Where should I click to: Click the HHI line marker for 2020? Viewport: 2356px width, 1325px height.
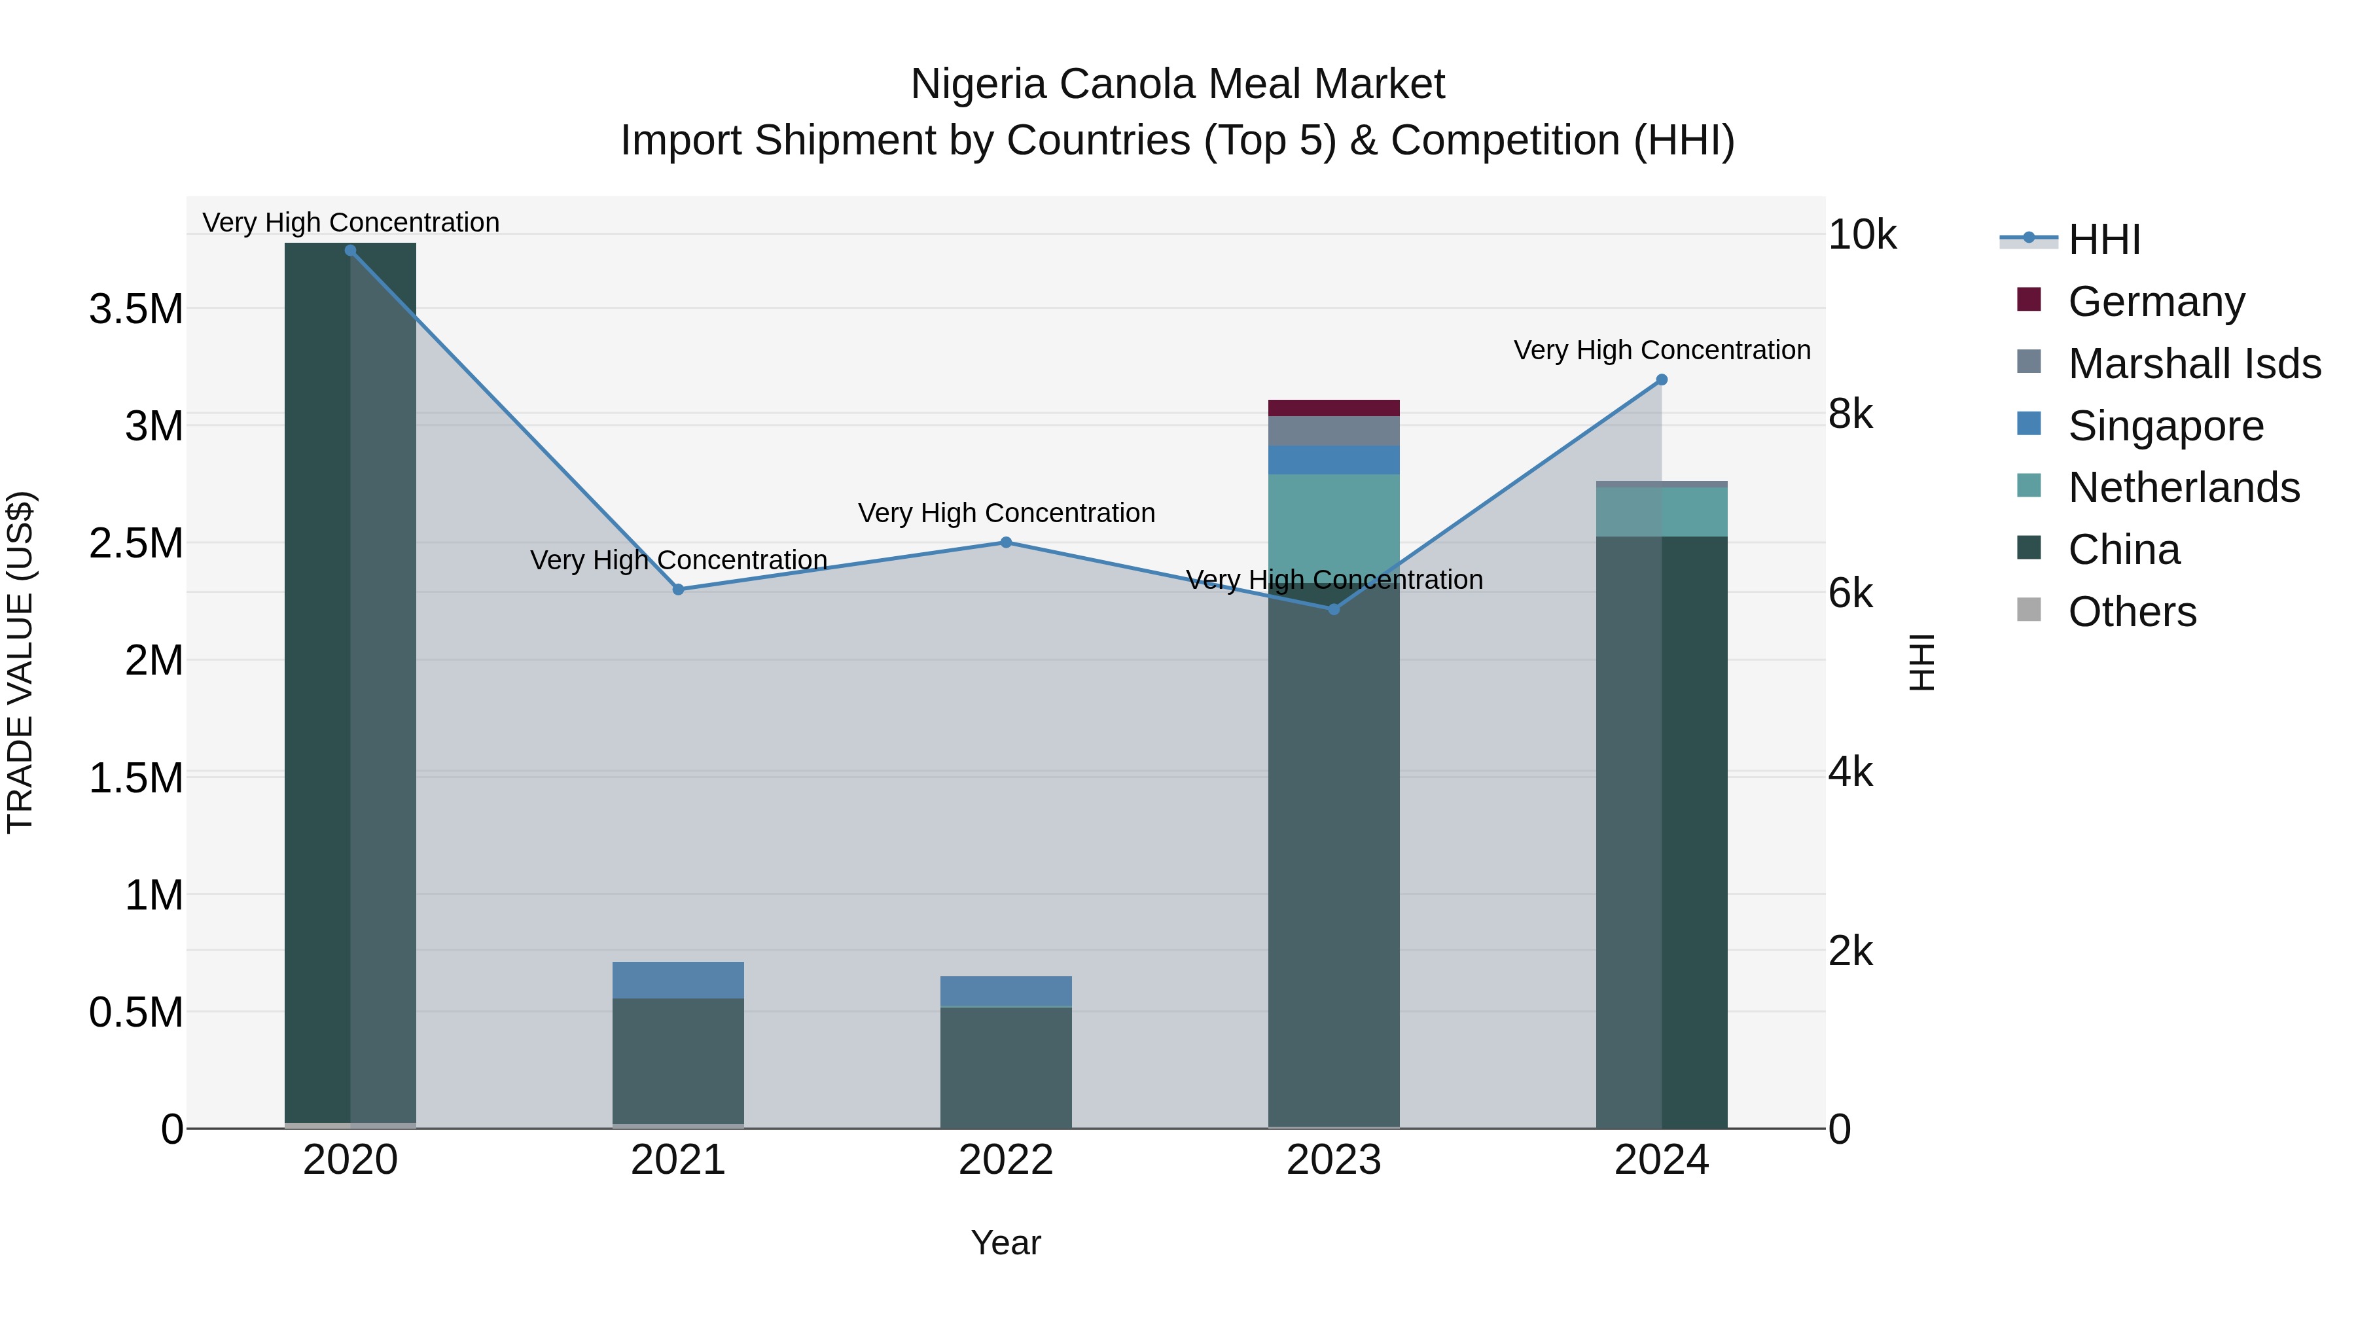[x=350, y=251]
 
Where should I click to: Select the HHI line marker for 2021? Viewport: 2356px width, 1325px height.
[x=678, y=590]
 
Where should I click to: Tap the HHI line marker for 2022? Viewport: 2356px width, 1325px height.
[x=1006, y=542]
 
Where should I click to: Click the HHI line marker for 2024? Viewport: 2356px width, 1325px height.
[x=1662, y=380]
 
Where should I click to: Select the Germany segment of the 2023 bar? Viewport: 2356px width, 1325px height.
[x=1334, y=408]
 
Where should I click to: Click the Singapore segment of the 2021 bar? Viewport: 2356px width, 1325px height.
[x=678, y=980]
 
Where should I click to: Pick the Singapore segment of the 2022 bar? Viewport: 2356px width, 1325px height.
[x=1006, y=991]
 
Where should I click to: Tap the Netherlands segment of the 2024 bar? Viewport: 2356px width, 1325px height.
[x=1662, y=512]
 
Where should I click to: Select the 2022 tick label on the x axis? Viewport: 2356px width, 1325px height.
[x=1006, y=1160]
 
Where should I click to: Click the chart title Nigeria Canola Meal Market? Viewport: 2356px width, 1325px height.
[x=1177, y=84]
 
